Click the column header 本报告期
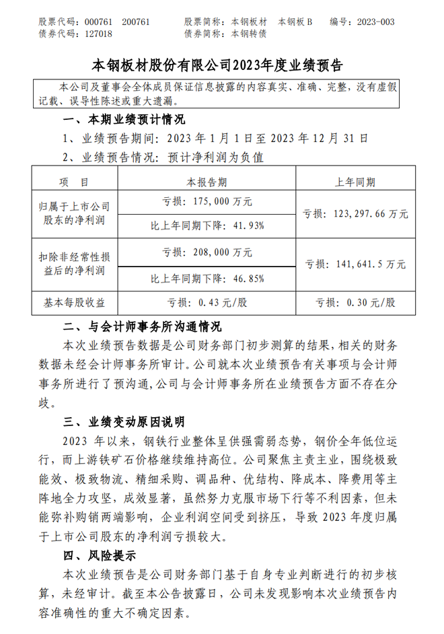[207, 182]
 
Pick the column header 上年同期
[355, 182]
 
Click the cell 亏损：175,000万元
[207, 201]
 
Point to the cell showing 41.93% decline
[207, 225]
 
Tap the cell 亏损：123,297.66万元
[355, 213]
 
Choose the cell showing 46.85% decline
[207, 277]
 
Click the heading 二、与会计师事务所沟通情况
[141, 328]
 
